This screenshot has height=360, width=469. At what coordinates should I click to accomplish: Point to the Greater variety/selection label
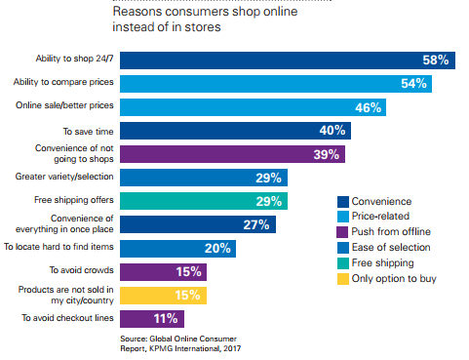point(64,179)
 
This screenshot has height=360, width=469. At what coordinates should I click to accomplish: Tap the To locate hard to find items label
point(59,248)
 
